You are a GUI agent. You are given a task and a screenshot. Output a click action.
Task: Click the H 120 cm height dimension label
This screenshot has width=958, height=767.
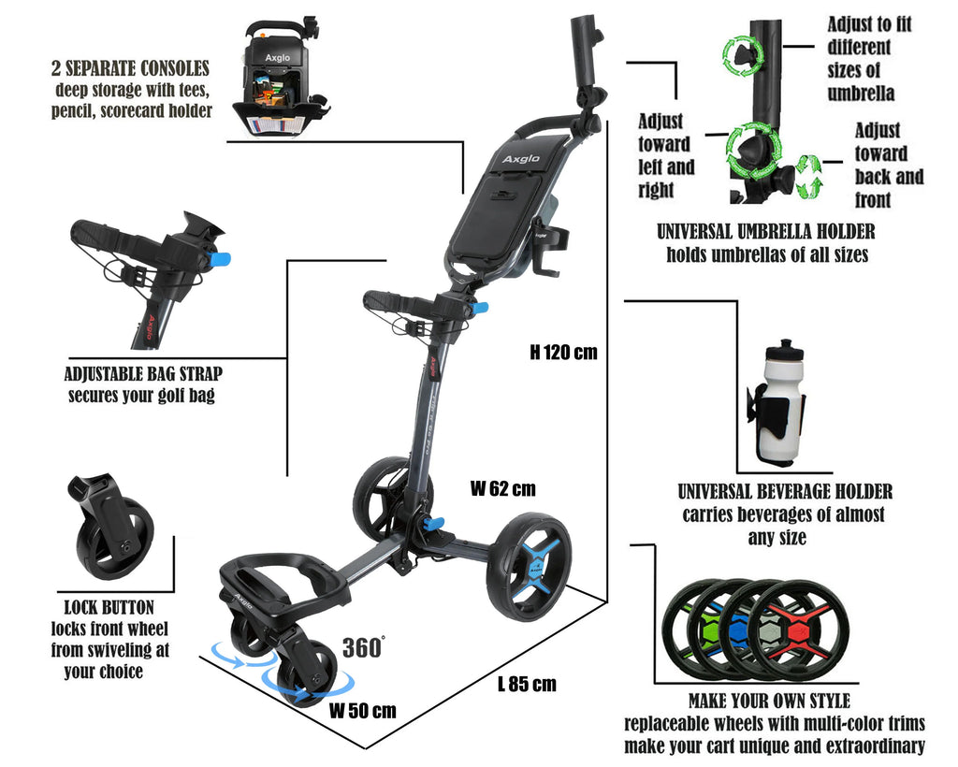point(563,353)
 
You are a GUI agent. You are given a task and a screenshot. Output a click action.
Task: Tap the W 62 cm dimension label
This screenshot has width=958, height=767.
point(502,488)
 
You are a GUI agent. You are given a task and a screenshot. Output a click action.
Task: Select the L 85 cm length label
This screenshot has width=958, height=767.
point(527,684)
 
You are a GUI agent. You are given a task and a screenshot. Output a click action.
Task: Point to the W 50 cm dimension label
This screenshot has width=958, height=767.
point(362,711)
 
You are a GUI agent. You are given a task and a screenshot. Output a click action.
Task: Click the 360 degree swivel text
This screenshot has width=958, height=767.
point(364,647)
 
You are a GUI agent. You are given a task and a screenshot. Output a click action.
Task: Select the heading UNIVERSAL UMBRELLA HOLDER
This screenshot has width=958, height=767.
point(766,232)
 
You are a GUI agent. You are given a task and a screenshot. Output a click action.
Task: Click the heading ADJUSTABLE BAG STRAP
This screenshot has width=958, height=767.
point(143,374)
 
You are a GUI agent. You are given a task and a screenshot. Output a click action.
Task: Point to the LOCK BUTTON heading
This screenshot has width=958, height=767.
point(109,608)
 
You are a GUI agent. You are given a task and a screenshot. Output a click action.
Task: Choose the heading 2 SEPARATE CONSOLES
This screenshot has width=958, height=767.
point(130,67)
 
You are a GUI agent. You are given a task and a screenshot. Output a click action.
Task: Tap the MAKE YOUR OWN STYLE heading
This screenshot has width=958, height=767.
point(769,701)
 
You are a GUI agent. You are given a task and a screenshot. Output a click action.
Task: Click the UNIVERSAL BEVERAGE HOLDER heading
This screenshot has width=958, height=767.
point(785,492)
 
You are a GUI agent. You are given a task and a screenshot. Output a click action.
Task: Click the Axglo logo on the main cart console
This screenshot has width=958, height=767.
point(521,159)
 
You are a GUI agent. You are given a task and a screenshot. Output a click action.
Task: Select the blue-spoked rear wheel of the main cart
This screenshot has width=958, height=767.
point(530,567)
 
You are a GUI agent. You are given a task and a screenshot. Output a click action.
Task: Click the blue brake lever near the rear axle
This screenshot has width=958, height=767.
point(436,524)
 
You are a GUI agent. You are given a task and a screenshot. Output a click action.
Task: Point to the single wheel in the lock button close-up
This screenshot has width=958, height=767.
point(116,538)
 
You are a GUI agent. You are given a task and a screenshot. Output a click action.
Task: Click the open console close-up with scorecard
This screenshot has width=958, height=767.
point(279,79)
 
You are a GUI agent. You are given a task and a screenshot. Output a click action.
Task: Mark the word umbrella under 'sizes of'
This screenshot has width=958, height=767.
point(861,94)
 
